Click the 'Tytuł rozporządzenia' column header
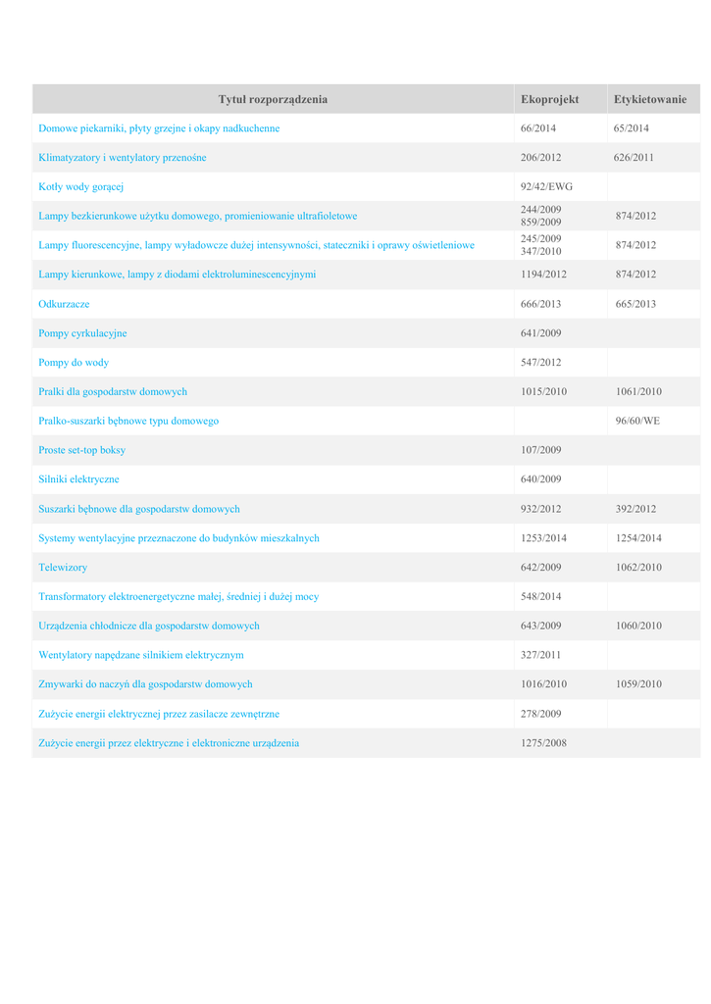273,99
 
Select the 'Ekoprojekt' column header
549,99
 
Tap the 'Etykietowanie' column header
650,99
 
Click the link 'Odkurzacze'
64,304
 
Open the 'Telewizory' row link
63,567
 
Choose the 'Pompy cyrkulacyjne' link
82,333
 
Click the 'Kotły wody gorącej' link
79,186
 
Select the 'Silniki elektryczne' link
78,479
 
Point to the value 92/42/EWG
546,186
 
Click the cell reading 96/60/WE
637,421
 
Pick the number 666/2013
540,304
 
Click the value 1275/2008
543,743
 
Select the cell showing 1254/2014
638,538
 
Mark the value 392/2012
635,509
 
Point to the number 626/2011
634,157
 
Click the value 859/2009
540,222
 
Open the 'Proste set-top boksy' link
81,450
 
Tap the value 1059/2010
638,684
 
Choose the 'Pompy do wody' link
74,363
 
